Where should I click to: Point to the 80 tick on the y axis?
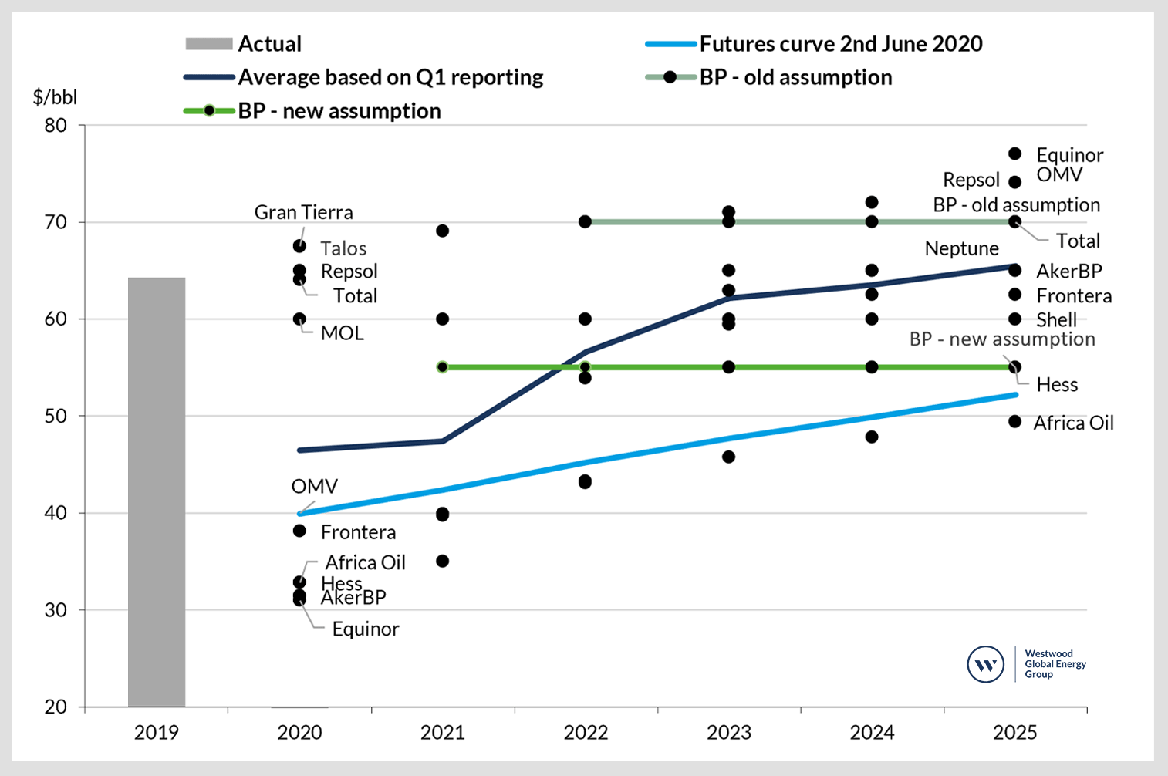56,125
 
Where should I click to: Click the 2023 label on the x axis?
728,732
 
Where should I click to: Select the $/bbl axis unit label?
55,97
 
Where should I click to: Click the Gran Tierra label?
303,212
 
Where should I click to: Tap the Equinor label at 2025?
1069,155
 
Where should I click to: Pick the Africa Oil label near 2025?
1073,423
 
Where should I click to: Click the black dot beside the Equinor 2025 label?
1015,154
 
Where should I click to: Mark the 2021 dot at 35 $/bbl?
443,561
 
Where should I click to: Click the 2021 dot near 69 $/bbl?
443,231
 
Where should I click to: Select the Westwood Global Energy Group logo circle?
985,664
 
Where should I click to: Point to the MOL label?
342,333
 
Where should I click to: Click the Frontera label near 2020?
358,532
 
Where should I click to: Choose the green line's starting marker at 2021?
443,367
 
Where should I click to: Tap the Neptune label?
961,248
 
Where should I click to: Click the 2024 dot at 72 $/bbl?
872,202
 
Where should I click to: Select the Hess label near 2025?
1057,385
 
